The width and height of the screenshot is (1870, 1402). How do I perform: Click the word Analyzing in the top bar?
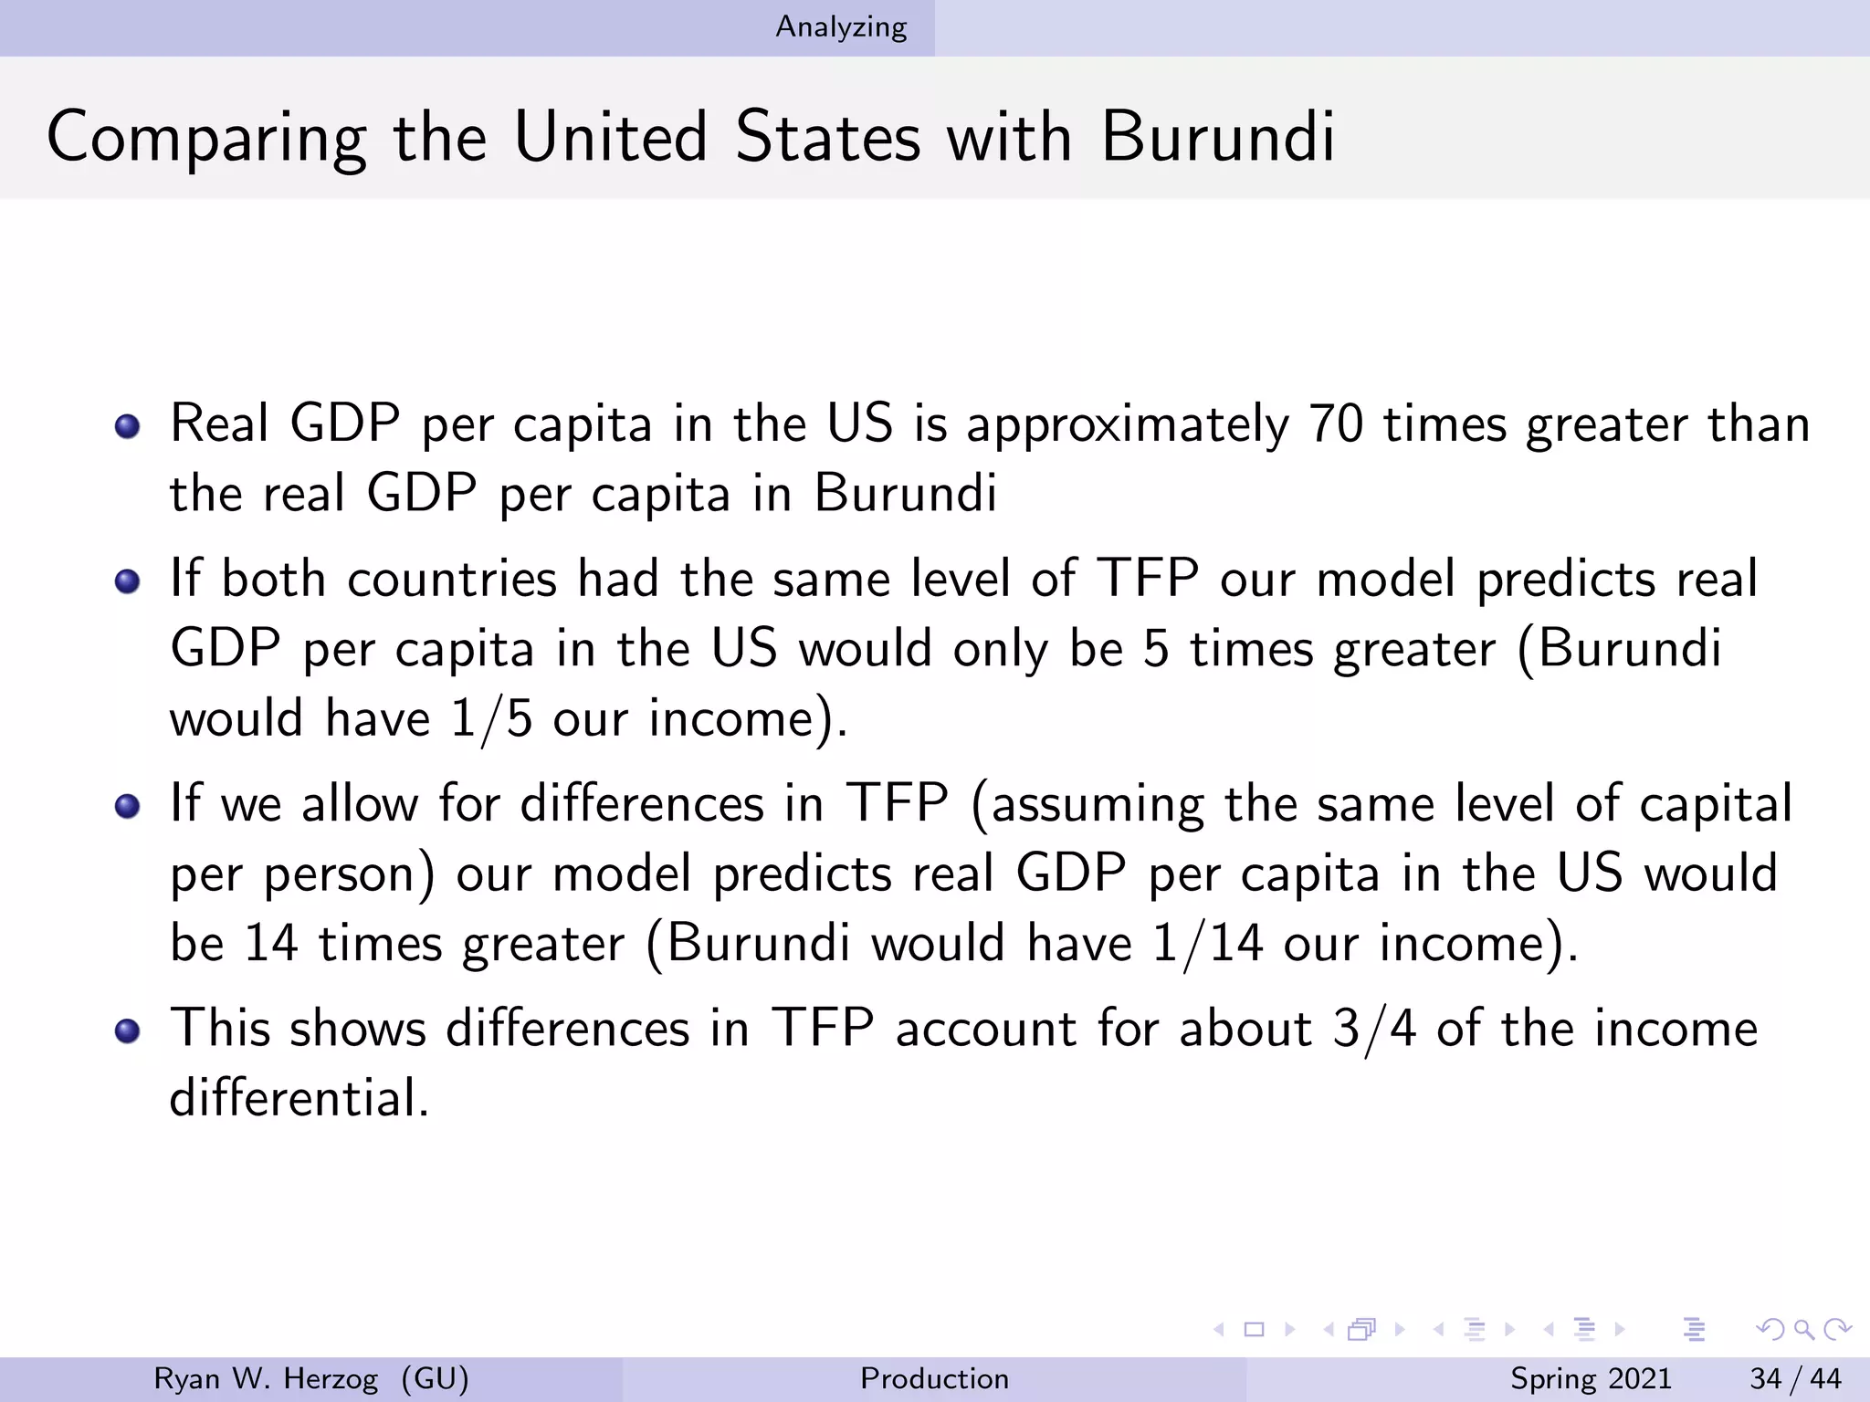tap(841, 27)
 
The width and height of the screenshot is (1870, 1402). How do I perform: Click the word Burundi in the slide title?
tap(1218, 137)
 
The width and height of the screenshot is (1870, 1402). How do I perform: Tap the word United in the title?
tap(610, 137)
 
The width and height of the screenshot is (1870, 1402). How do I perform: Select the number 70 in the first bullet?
tap(1336, 424)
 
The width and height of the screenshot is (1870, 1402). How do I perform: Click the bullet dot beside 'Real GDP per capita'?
tap(128, 426)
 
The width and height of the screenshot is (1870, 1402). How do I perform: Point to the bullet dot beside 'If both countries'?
tap(128, 581)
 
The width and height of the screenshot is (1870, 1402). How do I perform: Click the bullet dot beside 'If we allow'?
tap(128, 806)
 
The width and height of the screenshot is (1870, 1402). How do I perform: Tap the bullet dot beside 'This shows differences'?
tap(128, 1031)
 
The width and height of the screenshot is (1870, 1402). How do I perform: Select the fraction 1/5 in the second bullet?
tap(491, 719)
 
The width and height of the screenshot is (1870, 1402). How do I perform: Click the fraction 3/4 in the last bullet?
tap(1374, 1030)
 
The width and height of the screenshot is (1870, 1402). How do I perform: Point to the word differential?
tap(299, 1097)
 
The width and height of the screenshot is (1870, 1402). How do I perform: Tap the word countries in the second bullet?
tap(452, 580)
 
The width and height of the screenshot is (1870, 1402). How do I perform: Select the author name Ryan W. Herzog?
tap(266, 1378)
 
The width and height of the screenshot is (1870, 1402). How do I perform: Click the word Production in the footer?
tap(934, 1378)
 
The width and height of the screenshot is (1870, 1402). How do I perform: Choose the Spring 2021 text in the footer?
tap(1591, 1378)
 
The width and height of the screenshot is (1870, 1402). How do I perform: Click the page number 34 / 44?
tap(1795, 1378)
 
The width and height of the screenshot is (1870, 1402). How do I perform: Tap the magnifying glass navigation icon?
tap(1803, 1329)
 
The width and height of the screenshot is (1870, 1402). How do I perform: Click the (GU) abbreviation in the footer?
tap(435, 1378)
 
